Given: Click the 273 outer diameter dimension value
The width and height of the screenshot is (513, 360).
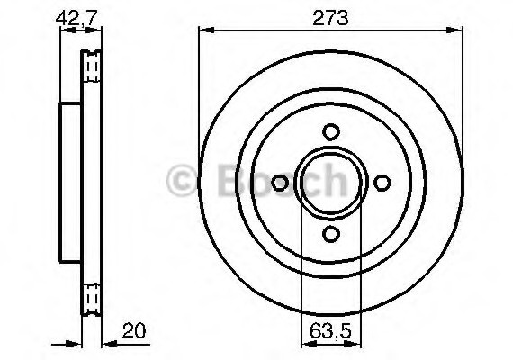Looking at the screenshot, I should [330, 17].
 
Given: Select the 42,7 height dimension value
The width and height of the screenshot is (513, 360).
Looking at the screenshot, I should [76, 17].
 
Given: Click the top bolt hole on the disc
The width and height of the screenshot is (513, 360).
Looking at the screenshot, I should [330, 130].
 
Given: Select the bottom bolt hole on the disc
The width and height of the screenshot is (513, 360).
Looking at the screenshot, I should [330, 235].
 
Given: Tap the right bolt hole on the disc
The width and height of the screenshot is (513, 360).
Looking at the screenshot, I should [382, 183].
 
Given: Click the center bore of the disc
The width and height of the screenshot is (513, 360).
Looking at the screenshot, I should [330, 183].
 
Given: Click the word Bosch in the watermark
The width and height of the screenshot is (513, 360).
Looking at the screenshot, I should [279, 183].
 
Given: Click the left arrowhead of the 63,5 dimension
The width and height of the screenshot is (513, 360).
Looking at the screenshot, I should [305, 342].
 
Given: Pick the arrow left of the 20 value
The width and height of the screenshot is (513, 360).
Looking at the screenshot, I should [106, 342].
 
